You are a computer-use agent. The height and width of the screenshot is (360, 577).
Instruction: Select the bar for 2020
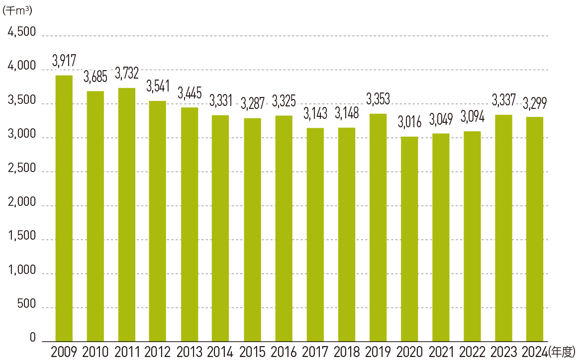click(x=409, y=239)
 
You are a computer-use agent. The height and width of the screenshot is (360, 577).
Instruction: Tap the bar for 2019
click(x=378, y=227)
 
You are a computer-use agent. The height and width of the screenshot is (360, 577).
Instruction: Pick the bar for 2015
click(x=252, y=229)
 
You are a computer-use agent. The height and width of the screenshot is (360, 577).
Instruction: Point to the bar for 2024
click(x=535, y=229)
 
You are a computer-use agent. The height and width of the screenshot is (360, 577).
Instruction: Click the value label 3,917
click(x=64, y=62)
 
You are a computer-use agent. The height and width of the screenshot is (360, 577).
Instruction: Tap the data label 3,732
click(x=127, y=74)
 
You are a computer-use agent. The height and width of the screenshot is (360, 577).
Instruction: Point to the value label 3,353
click(x=378, y=99)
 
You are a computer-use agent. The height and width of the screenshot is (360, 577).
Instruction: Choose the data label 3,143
click(x=315, y=114)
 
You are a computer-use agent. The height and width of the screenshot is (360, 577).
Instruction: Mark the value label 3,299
click(x=535, y=103)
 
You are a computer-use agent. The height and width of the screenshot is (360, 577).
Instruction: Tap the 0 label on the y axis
click(x=33, y=338)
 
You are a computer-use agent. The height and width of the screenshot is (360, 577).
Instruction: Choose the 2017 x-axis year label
click(x=315, y=352)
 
